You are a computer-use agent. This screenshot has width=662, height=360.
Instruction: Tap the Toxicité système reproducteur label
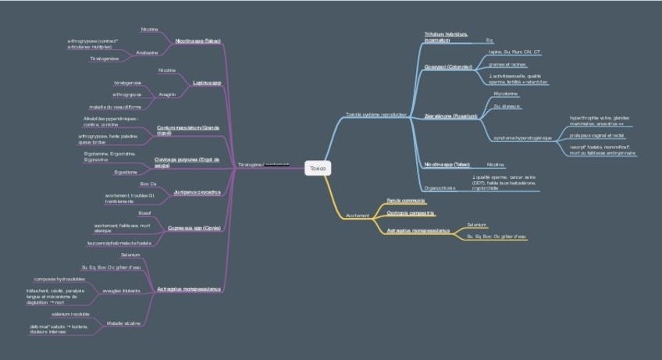375,115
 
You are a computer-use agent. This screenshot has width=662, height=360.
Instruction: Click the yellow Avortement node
358,214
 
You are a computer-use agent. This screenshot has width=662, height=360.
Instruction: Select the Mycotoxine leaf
507,93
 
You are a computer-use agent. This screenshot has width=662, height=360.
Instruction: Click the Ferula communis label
406,201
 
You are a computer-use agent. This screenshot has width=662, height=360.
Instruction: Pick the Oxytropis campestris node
411,212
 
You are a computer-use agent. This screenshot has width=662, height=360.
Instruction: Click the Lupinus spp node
207,81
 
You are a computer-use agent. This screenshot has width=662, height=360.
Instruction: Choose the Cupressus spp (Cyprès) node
195,228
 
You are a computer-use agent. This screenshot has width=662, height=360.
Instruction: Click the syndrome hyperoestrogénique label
522,137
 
